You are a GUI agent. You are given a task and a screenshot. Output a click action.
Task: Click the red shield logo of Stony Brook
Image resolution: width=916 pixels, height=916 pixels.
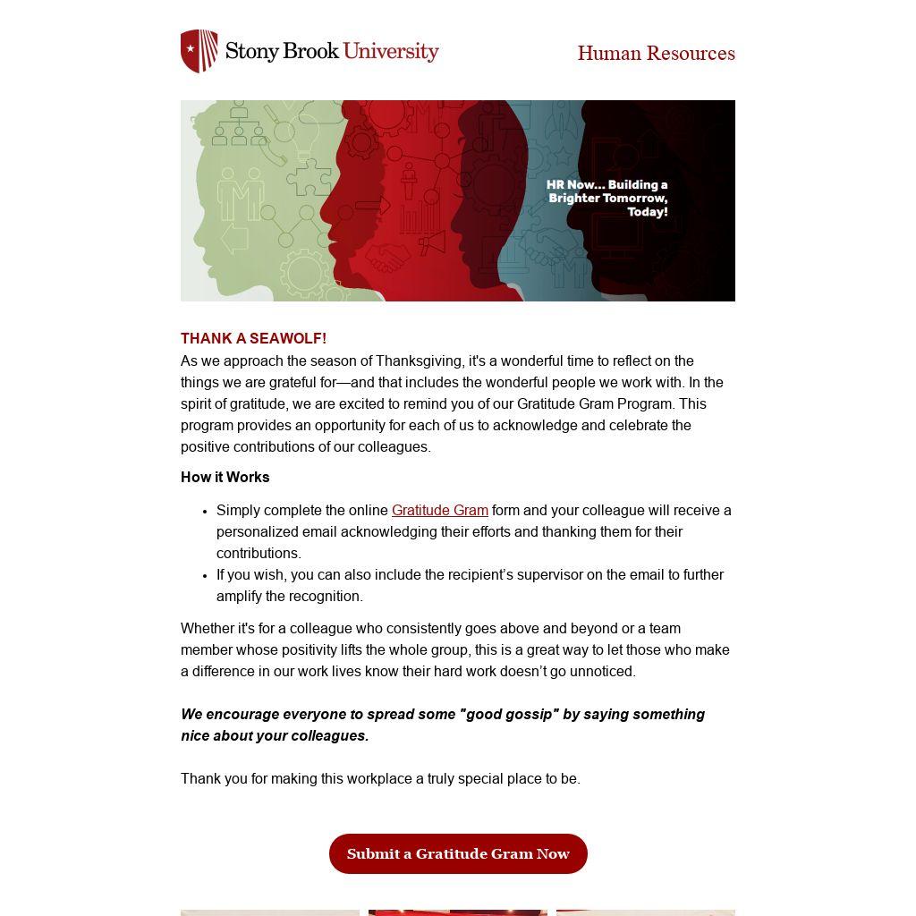199,51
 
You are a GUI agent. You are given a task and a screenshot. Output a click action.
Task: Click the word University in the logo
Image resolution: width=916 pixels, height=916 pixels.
391,51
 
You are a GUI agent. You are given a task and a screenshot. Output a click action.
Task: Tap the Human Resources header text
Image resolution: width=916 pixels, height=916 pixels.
656,54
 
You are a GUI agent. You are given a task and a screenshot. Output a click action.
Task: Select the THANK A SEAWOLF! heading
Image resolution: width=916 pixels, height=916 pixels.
253,339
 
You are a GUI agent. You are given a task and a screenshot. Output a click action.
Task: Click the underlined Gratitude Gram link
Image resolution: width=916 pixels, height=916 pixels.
439,511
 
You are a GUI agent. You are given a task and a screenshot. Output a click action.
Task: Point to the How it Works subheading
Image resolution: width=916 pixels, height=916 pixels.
225,478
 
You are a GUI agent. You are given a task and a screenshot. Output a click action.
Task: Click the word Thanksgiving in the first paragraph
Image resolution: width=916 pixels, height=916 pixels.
419,361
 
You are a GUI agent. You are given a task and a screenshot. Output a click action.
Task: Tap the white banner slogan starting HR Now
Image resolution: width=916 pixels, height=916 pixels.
607,199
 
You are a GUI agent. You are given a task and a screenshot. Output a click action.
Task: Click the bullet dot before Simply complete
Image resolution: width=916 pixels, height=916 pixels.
206,512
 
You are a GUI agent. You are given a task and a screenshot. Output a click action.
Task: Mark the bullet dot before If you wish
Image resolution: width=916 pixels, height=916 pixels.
206,576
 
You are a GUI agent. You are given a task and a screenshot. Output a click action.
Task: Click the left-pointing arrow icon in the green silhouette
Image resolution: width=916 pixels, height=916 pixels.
234,239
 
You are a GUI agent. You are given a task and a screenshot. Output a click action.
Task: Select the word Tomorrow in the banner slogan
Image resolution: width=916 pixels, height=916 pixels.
632,199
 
